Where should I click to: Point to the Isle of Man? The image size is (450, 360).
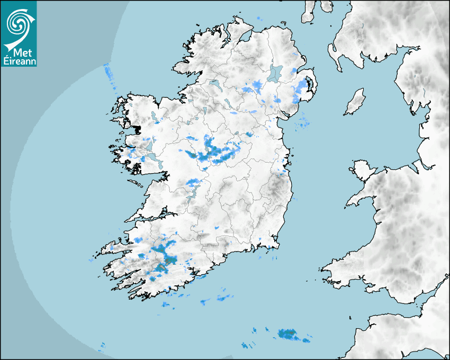pyautogui.click(x=355, y=102)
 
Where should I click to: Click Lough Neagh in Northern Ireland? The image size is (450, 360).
pyautogui.click(x=275, y=73)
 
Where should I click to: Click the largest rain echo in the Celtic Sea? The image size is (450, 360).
pyautogui.click(x=289, y=334)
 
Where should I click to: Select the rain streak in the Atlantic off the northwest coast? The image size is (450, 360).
pyautogui.click(x=110, y=74)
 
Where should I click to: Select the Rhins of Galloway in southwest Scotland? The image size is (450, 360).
pyautogui.click(x=334, y=53)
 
